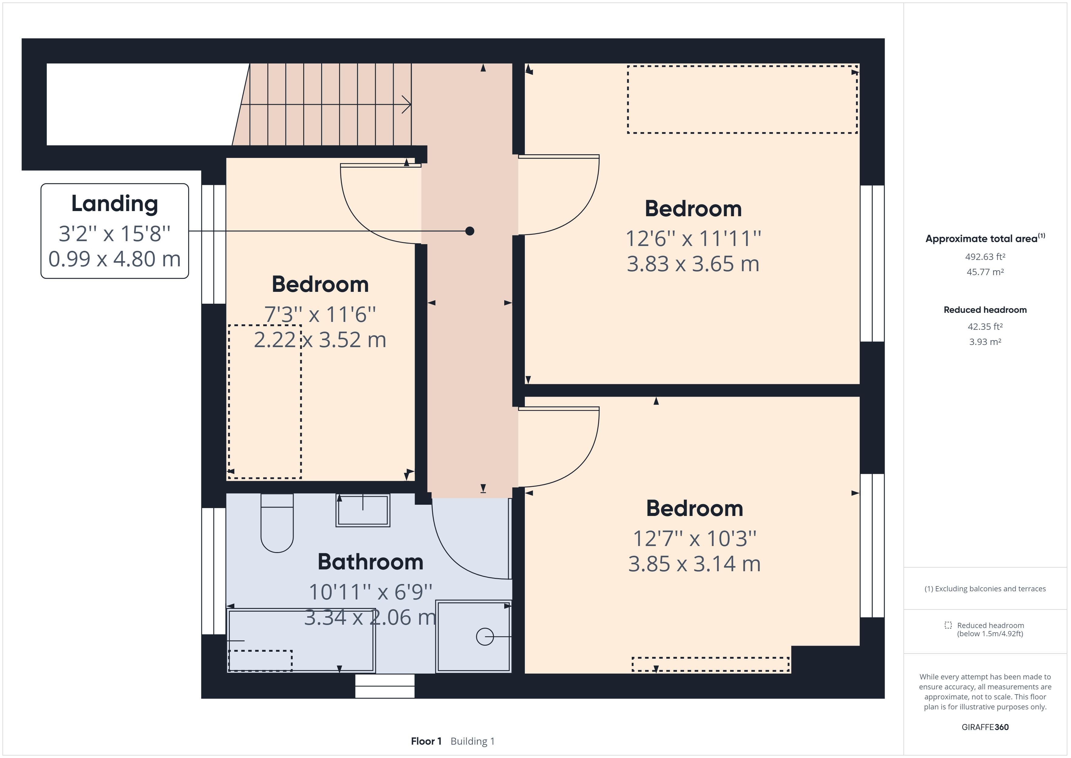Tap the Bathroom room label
point(370,562)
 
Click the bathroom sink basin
point(362,510)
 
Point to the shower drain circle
point(485,637)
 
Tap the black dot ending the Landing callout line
point(470,231)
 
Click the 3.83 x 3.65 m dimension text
point(693,264)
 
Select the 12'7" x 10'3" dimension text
point(695,539)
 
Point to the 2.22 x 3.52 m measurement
point(320,340)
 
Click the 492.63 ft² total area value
point(985,257)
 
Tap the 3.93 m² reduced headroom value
point(985,342)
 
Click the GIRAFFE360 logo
point(985,727)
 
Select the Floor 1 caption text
point(426,741)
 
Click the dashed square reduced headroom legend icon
point(948,625)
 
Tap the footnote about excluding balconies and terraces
point(985,589)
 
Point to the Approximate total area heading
point(985,238)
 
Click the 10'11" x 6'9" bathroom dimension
point(370,592)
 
